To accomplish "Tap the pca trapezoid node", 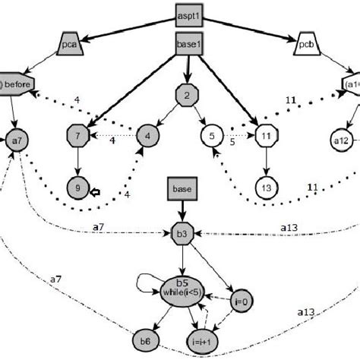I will point(69,46).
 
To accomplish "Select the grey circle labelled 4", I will point(145,137).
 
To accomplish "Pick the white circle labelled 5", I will point(212,137).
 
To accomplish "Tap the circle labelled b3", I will point(179,231).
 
